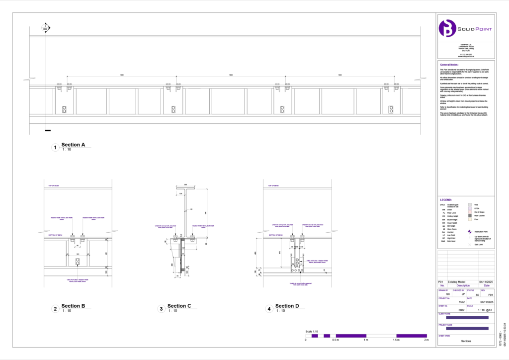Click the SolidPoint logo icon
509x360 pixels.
[448, 29]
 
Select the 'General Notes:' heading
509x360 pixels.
[450, 65]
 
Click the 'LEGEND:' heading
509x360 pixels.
[446, 199]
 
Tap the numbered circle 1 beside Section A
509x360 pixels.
[55, 147]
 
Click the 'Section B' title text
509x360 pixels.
[73, 306]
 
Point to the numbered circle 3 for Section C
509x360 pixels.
[161, 309]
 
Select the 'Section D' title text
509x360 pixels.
[287, 306]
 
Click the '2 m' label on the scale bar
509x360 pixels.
[426, 340]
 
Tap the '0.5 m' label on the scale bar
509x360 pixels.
[336, 340]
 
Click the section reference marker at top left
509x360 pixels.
[45, 28]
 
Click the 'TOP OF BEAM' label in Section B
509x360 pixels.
[55, 186]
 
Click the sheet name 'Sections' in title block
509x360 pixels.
[466, 341]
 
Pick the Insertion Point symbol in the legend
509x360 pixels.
[470, 232]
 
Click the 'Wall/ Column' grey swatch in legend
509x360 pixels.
[470, 215]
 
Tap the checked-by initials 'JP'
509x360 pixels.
[463, 294]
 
